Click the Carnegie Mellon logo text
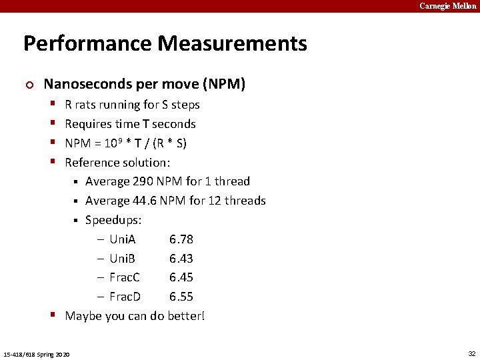pyautogui.click(x=447, y=6)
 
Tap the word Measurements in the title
pyautogui.click(x=233, y=44)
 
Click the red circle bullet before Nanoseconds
pyautogui.click(x=27, y=85)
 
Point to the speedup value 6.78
pyautogui.click(x=181, y=239)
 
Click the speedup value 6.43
pyautogui.click(x=181, y=259)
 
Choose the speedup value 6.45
pyautogui.click(x=181, y=277)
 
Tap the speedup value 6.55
pyautogui.click(x=181, y=297)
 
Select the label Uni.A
pyautogui.click(x=123, y=239)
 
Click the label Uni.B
pyautogui.click(x=123, y=259)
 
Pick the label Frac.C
pyautogui.click(x=125, y=277)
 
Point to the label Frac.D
pyautogui.click(x=125, y=297)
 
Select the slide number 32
pyautogui.click(x=472, y=353)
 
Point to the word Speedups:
pyautogui.click(x=113, y=220)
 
